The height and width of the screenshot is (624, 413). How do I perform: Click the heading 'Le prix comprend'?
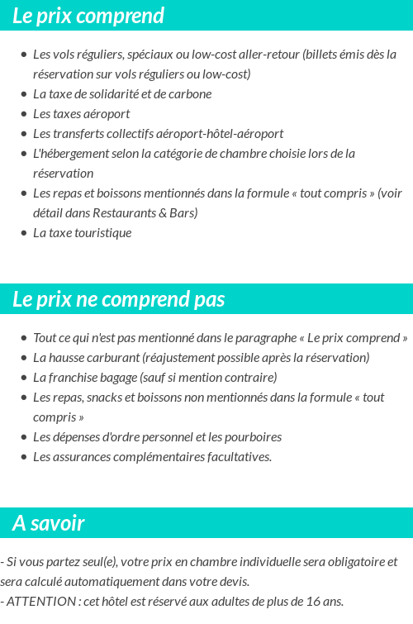pos(88,16)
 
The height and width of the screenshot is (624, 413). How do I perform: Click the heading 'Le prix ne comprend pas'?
pos(118,299)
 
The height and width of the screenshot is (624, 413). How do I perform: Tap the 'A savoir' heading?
pos(49,523)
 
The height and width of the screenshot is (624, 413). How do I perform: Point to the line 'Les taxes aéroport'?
pos(81,114)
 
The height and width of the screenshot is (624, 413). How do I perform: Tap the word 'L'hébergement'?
pos(69,154)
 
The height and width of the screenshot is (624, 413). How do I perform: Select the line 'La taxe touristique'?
pos(82,233)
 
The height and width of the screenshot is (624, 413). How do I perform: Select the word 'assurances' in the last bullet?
pos(80,457)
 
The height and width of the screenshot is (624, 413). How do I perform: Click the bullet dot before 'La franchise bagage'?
pos(24,378)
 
